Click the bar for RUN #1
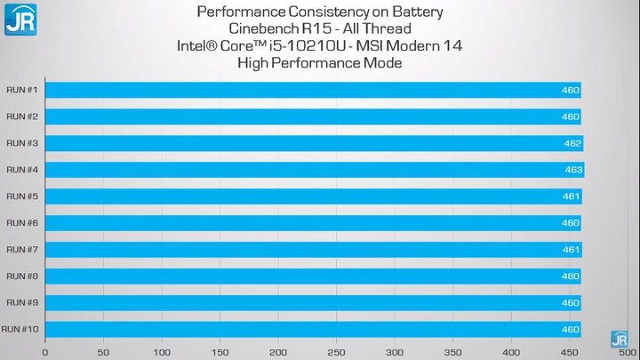point(311,90)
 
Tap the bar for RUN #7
point(311,250)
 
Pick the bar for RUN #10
point(311,330)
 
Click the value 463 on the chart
point(573,170)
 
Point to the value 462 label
point(572,143)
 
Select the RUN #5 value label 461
point(571,196)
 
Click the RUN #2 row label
point(22,116)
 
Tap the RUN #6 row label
point(22,223)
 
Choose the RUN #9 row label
point(22,303)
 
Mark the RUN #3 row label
point(22,143)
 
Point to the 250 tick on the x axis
point(337,352)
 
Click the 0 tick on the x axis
point(45,352)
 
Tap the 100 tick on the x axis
point(162,352)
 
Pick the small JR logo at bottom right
point(620,339)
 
